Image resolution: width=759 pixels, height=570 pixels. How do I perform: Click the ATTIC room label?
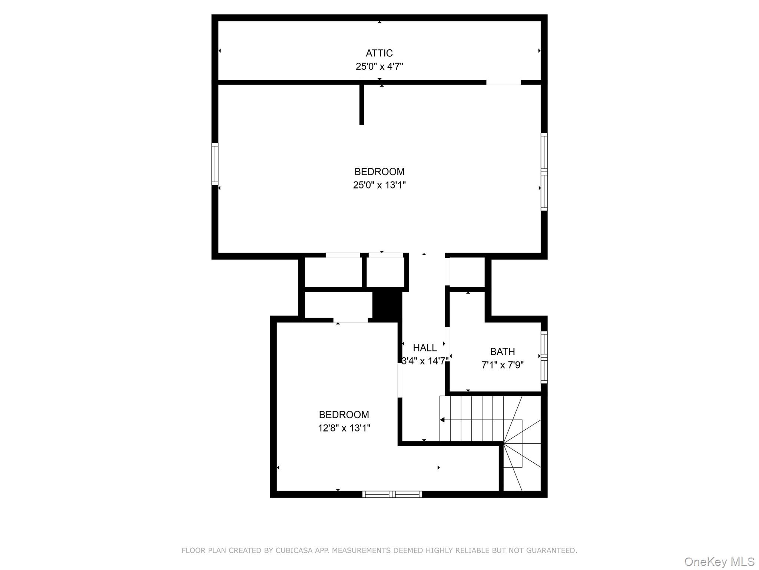pos(379,53)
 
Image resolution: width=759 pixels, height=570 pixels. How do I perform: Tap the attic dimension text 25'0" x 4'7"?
pos(379,66)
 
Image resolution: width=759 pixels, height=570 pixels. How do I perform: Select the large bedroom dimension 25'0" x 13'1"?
pos(379,185)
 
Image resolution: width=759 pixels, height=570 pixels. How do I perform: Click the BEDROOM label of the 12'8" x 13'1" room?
pos(344,415)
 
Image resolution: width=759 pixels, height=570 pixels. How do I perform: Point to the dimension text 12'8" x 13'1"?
pos(344,428)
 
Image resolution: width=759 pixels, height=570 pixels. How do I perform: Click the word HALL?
pos(425,348)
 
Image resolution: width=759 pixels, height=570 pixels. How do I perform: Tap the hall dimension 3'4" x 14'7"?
pos(425,361)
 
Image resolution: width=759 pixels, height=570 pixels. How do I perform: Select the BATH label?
pos(502,351)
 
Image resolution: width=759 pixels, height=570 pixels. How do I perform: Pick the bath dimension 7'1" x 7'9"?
pos(502,365)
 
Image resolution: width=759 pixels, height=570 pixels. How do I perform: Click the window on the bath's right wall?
pos(544,357)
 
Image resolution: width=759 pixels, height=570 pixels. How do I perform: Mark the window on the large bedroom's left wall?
pos(215,164)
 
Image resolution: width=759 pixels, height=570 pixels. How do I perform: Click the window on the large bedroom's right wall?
pos(544,172)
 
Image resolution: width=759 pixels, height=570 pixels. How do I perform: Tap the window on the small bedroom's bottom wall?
pos(392,494)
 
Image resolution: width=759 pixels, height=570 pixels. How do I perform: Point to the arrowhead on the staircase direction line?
pos(442,420)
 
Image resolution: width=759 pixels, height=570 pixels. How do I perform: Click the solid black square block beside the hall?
pos(387,305)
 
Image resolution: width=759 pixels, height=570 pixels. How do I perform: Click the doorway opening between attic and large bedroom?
pos(503,82)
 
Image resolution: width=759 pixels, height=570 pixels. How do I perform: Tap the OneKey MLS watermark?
pos(719,561)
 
